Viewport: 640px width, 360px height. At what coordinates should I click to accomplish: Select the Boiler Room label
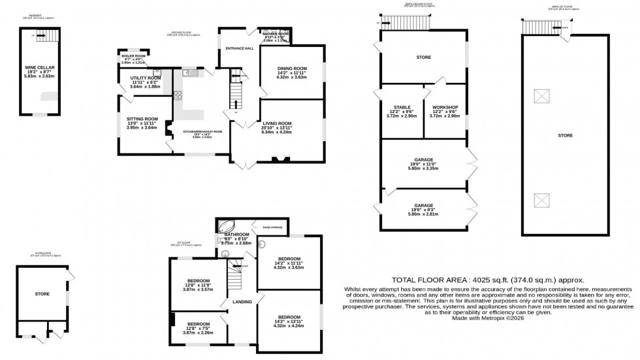133,56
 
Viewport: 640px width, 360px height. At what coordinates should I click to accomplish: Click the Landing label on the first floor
232,301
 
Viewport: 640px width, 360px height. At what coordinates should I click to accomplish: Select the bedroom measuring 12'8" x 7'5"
197,324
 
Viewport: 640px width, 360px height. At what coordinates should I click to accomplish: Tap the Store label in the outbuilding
42,294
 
